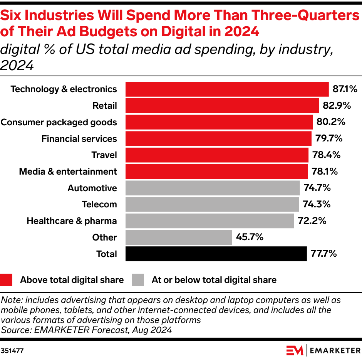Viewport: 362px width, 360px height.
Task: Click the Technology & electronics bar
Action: tap(227, 89)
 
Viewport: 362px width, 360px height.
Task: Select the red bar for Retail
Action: tap(222, 106)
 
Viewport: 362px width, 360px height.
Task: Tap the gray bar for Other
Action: tap(179, 237)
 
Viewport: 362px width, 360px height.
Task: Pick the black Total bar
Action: tap(216, 254)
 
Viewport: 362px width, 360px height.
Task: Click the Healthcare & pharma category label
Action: tap(72, 221)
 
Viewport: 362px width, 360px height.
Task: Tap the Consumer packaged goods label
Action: tap(59, 122)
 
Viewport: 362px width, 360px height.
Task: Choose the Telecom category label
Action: tap(99, 204)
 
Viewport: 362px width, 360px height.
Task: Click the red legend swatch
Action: tap(7, 280)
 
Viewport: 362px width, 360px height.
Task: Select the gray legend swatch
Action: tap(138, 280)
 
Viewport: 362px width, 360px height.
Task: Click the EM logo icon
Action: tap(295, 350)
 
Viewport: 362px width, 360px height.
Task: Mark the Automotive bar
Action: tap(213, 188)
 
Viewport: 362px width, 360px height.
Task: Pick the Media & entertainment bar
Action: tap(216, 172)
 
